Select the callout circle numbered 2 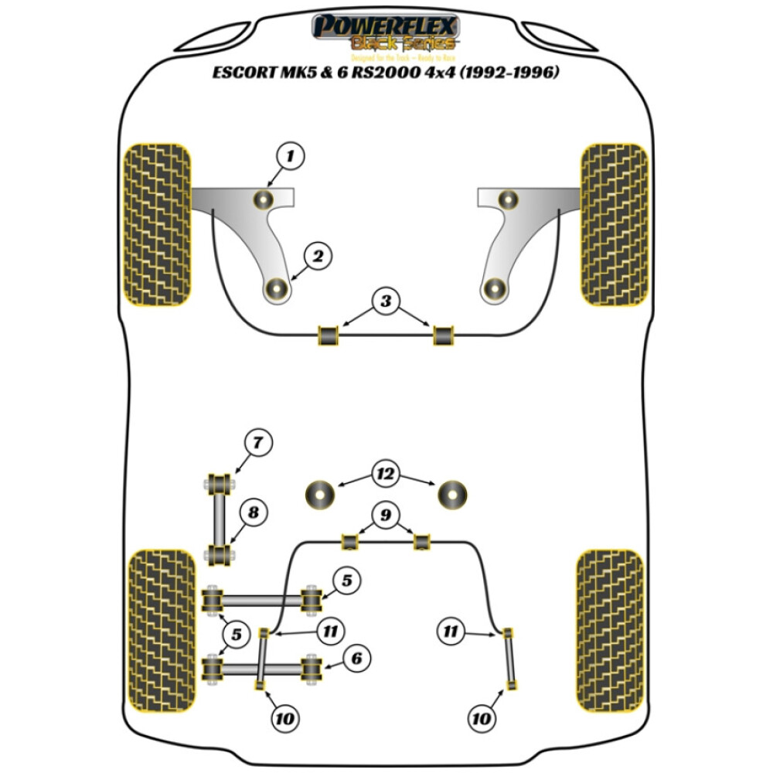[x=318, y=256]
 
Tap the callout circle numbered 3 [x=386, y=301]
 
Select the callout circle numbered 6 [x=356, y=659]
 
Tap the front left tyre [x=157, y=223]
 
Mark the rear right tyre [x=609, y=633]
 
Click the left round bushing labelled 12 [x=320, y=494]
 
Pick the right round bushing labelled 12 [x=453, y=494]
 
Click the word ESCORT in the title [x=246, y=74]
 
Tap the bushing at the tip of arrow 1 [x=264, y=200]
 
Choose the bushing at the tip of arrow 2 [x=277, y=290]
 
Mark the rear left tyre [x=162, y=633]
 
